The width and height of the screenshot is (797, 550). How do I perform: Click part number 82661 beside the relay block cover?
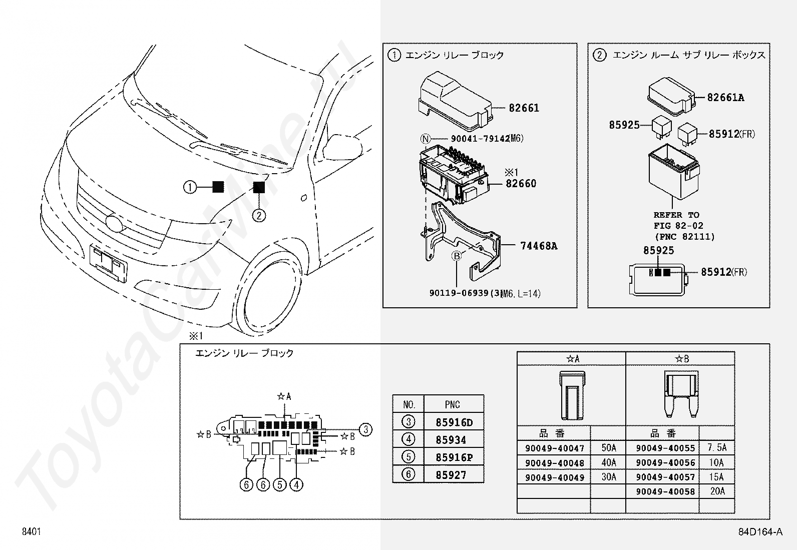coord(524,108)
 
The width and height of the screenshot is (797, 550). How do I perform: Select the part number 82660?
coord(521,184)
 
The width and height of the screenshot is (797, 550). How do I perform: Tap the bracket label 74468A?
coord(539,246)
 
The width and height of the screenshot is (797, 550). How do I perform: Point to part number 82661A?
coord(725,98)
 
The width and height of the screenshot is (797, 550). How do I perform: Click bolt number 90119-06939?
coord(459,293)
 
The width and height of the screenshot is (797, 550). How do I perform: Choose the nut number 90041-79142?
coord(480,139)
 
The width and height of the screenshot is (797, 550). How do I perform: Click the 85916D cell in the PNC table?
coord(454,422)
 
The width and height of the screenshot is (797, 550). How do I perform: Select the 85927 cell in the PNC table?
coord(454,474)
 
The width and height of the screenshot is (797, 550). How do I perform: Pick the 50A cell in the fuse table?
coord(608,447)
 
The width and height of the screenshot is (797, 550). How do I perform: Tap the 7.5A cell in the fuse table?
coord(717,447)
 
